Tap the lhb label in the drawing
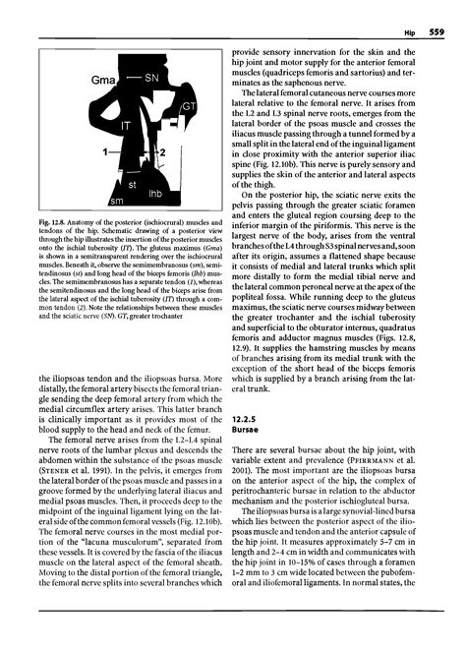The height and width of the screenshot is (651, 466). click(153, 194)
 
